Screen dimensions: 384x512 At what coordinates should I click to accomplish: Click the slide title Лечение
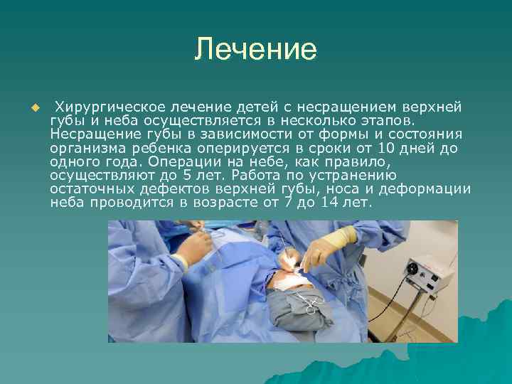(255, 49)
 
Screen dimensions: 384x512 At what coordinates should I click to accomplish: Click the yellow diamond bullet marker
(33, 107)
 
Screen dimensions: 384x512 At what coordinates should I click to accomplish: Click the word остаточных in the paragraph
(86, 188)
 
